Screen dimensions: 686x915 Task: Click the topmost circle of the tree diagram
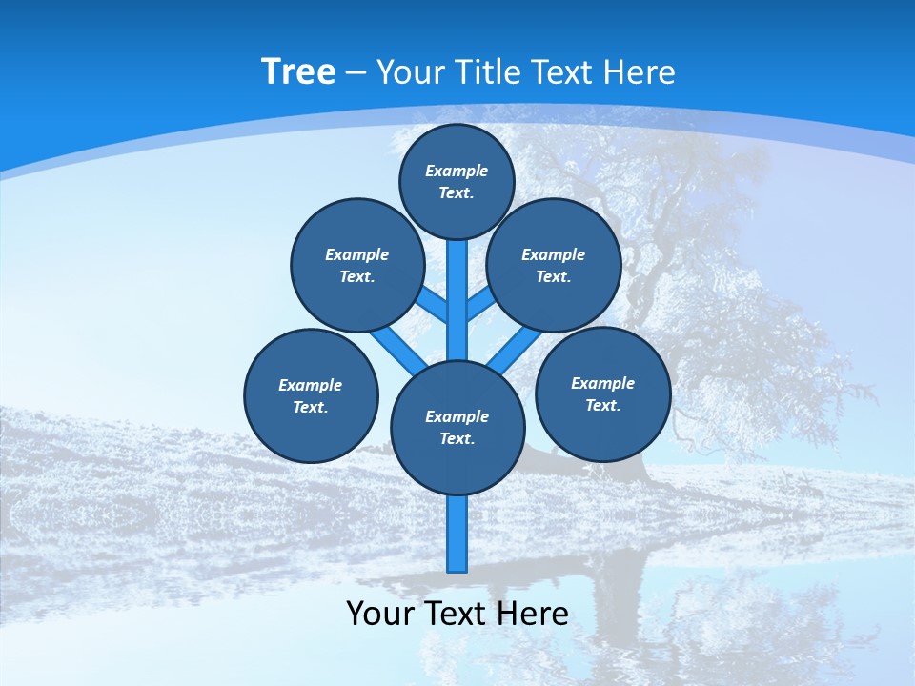(x=457, y=181)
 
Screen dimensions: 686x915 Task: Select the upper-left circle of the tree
(x=357, y=265)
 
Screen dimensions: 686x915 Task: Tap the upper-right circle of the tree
(x=554, y=265)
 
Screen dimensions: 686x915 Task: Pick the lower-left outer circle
(x=311, y=395)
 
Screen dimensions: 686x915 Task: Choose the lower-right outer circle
(x=603, y=393)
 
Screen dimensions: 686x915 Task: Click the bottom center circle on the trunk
(x=457, y=428)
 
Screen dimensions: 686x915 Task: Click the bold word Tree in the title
(x=298, y=71)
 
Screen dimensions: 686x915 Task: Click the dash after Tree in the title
(x=356, y=73)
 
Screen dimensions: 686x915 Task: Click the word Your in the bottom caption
(x=379, y=614)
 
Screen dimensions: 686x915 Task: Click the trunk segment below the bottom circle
(x=457, y=534)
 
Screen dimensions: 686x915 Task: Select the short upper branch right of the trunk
(x=480, y=304)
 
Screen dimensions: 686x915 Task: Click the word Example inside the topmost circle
(x=457, y=171)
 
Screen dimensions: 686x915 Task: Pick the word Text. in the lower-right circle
(x=602, y=405)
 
